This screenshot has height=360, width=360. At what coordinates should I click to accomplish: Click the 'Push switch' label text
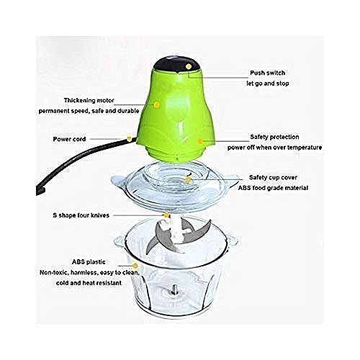click(268, 73)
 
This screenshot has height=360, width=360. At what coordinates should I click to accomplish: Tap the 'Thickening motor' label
click(89, 100)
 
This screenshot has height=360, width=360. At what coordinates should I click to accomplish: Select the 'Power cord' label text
click(69, 139)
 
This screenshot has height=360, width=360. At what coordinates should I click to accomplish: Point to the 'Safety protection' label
click(274, 137)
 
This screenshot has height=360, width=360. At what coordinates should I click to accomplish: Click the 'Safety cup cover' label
click(273, 178)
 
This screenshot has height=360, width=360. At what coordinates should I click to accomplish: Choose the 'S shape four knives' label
click(81, 215)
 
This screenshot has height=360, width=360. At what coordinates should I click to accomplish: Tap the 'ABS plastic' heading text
click(89, 262)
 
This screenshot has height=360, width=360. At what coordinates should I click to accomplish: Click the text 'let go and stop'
click(268, 84)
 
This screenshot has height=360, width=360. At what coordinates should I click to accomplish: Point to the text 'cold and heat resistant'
click(89, 283)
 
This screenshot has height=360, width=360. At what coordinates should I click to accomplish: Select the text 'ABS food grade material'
click(273, 188)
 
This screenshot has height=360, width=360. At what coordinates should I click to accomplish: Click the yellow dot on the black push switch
click(189, 66)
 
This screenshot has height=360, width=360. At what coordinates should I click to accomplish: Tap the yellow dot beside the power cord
click(129, 139)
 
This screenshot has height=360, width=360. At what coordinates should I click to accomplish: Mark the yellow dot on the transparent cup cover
click(189, 179)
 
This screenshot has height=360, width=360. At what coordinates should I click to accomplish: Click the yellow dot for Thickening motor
click(156, 104)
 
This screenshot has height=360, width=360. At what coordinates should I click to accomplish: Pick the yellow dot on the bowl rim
click(135, 266)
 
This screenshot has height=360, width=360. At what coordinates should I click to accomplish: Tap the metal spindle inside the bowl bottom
click(175, 289)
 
